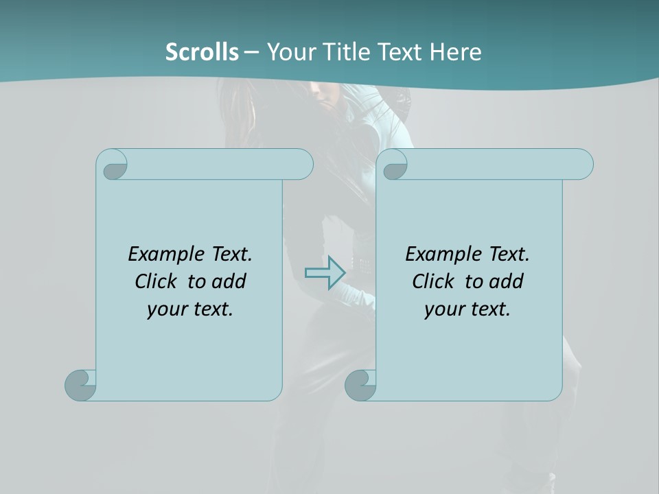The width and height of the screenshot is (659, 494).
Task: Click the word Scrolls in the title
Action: click(202, 52)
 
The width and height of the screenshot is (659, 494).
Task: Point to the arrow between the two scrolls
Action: click(325, 272)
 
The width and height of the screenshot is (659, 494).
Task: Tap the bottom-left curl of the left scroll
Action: click(81, 384)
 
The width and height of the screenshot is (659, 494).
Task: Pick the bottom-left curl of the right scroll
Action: click(360, 384)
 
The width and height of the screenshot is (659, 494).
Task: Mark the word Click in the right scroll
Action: click(433, 281)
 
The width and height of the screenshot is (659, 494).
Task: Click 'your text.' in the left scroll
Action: click(189, 309)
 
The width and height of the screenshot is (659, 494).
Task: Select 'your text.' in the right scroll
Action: click(467, 309)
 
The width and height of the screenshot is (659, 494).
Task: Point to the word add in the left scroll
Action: click(229, 281)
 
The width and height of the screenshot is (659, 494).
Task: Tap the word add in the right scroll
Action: click(507, 281)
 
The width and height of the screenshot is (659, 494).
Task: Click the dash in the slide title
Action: click(252, 52)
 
